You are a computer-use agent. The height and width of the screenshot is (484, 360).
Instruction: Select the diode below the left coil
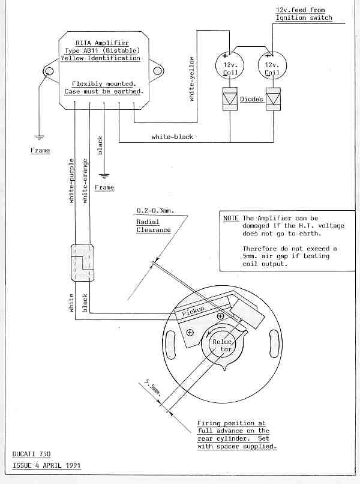click(230, 98)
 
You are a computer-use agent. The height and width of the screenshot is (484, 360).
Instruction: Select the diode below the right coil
click(273, 98)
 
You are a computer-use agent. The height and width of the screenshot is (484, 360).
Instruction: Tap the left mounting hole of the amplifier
click(49, 71)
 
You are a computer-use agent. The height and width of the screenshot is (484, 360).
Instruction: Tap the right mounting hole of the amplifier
click(157, 71)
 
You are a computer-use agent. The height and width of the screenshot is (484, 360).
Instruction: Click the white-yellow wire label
click(191, 79)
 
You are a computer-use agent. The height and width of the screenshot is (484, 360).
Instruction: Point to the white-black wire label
click(172, 137)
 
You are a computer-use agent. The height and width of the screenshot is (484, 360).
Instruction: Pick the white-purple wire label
click(71, 181)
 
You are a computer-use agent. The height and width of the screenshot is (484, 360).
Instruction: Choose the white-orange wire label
click(85, 181)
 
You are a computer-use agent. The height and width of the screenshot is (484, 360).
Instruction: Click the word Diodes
click(251, 99)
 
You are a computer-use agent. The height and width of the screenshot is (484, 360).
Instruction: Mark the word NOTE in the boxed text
click(231, 218)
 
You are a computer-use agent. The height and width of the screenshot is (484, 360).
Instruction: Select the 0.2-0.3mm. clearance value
click(155, 211)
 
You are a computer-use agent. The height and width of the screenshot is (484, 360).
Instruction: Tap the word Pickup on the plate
click(193, 311)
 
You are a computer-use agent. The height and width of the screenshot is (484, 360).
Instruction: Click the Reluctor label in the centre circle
click(222, 345)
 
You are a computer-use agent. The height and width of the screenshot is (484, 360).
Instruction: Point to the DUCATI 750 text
click(31, 454)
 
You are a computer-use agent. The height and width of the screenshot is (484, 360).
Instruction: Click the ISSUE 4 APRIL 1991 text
click(47, 465)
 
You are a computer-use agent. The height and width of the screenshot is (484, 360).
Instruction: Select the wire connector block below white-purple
click(82, 262)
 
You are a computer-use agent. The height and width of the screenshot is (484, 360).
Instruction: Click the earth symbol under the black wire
click(104, 177)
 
